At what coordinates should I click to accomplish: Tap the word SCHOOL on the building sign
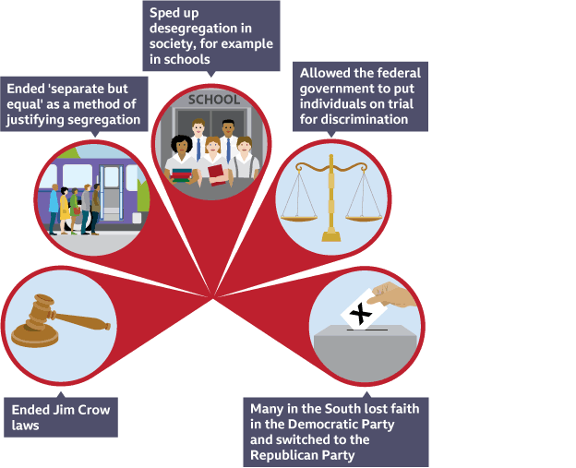[213, 100]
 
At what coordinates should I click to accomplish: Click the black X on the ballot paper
[365, 317]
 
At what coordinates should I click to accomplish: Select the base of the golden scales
[331, 234]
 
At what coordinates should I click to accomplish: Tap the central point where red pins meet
[215, 297]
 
